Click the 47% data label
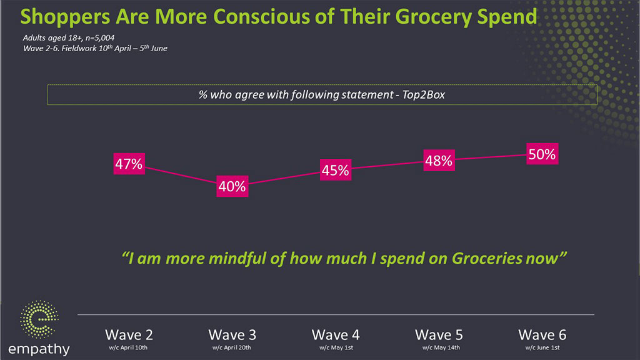pyautogui.click(x=129, y=165)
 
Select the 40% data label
pyautogui.click(x=232, y=186)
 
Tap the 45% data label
pyautogui.click(x=335, y=171)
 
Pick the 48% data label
pyautogui.click(x=438, y=160)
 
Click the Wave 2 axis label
pyautogui.click(x=129, y=334)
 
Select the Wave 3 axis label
pyautogui.click(x=232, y=334)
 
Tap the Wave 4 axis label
pyautogui.click(x=335, y=334)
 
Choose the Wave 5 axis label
pyautogui.click(x=438, y=334)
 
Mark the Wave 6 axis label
pyautogui.click(x=542, y=334)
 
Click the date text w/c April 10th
pyautogui.click(x=129, y=347)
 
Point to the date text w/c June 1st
pyautogui.click(x=542, y=347)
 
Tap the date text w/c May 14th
pyautogui.click(x=438, y=347)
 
